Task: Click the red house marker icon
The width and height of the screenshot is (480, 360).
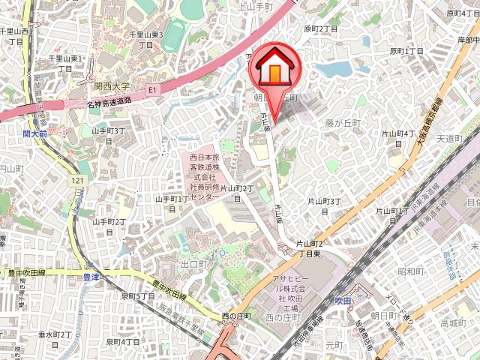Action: [x=274, y=68]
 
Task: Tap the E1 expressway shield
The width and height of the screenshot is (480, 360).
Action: [x=153, y=89]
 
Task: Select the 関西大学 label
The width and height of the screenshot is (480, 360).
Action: [x=113, y=87]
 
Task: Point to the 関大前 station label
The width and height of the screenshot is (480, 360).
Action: [x=34, y=133]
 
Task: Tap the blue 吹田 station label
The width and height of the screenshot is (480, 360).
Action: [x=343, y=300]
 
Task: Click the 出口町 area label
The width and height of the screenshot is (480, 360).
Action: [x=193, y=265]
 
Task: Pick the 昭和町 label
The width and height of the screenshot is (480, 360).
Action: [x=412, y=271]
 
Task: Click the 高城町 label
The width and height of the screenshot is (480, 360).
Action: [x=453, y=323]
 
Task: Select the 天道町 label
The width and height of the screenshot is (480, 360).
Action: [x=451, y=138]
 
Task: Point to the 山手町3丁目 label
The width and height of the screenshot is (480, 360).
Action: [x=108, y=136]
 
